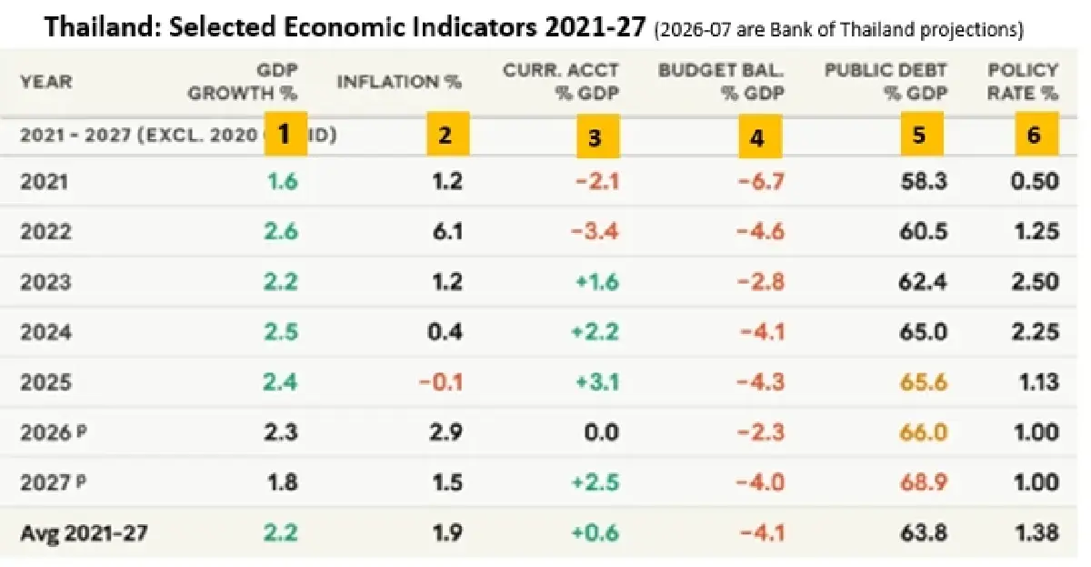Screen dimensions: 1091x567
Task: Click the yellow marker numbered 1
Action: point(285,134)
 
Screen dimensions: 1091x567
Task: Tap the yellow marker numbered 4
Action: point(760,137)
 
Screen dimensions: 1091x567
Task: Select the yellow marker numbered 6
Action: point(1037,134)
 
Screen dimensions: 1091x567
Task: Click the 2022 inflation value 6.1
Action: point(447,231)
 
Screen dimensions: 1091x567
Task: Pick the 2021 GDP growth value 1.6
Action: point(283,181)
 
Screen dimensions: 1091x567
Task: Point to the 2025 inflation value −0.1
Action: point(441,382)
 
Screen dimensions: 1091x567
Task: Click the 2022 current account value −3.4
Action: point(595,231)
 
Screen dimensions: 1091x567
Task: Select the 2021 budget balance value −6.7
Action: point(761,181)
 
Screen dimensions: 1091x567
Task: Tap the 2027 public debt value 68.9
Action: point(924,482)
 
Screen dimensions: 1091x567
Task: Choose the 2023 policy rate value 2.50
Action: point(1035,282)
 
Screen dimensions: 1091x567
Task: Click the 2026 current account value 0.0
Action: point(602,432)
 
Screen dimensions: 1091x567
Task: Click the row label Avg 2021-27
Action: point(84,533)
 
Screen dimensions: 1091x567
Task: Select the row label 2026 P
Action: point(54,432)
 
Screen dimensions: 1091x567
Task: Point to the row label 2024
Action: point(45,332)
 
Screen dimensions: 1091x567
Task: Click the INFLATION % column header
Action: point(399,81)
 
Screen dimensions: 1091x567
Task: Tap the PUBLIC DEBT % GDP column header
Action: point(886,81)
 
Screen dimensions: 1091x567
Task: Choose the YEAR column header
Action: point(46,81)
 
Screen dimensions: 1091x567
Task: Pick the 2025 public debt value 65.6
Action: point(924,382)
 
